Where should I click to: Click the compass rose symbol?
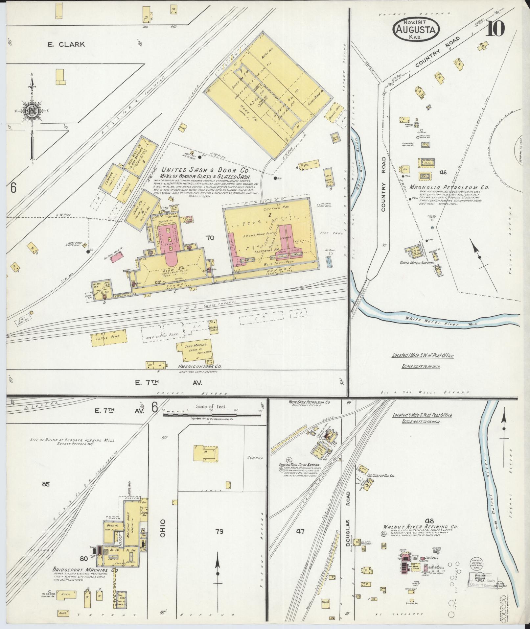[32, 112]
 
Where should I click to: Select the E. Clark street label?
[66, 44]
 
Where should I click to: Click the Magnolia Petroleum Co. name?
[449, 187]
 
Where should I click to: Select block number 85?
[46, 484]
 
